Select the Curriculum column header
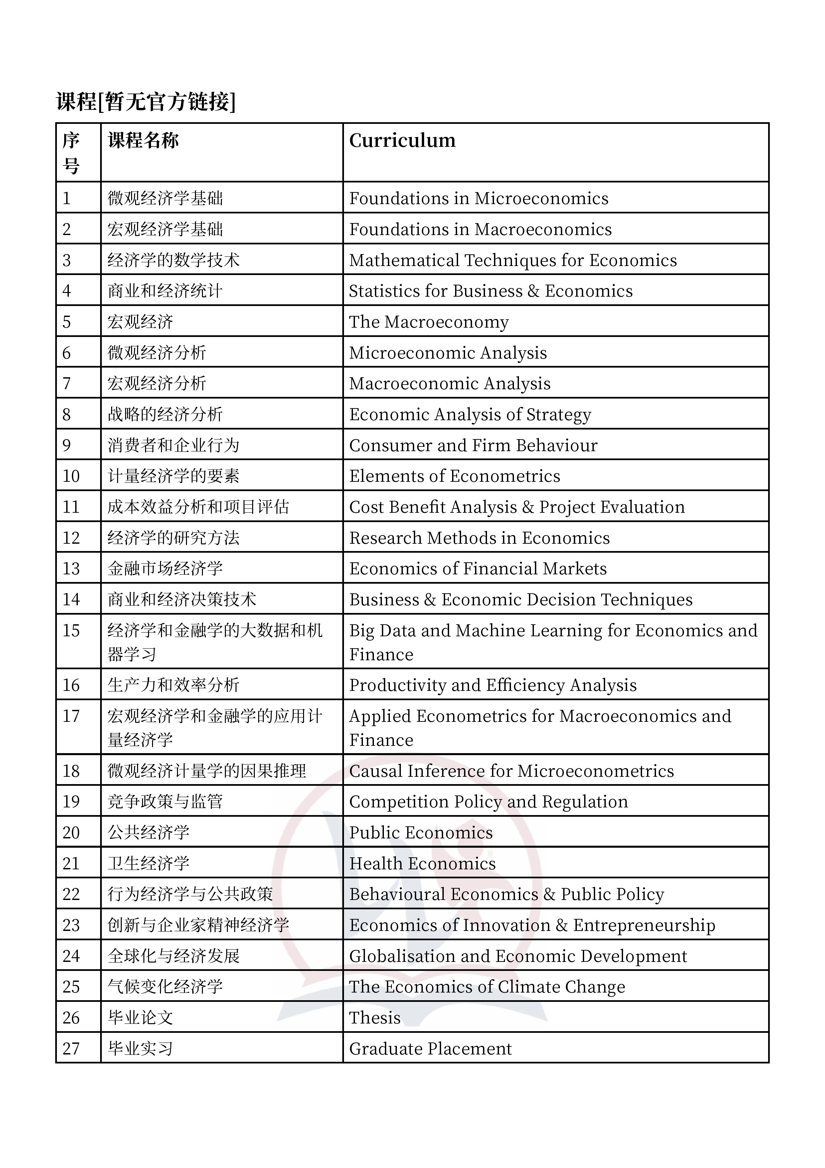(x=402, y=141)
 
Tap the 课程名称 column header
(x=143, y=141)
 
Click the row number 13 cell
(x=71, y=568)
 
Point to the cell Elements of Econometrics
(x=454, y=476)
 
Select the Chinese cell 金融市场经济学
(x=165, y=568)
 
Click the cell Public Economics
(x=421, y=832)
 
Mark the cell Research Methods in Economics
(x=479, y=538)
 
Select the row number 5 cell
(x=67, y=322)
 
